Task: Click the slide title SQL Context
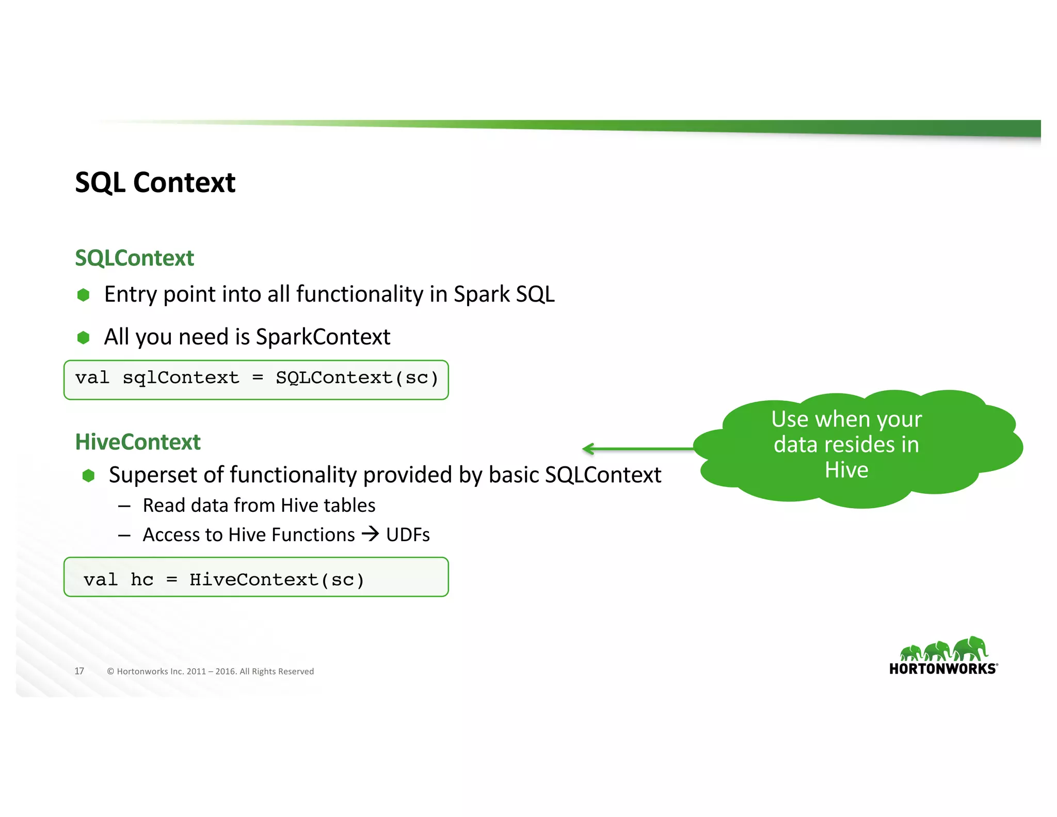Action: click(155, 183)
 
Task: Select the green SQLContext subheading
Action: click(134, 258)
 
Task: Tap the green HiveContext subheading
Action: click(137, 442)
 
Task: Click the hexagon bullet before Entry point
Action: click(83, 295)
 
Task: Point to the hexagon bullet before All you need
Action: click(83, 338)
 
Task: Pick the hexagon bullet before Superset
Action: click(88, 476)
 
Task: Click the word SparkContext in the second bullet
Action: click(323, 337)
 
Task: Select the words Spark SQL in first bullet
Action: click(504, 294)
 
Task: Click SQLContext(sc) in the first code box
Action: click(357, 378)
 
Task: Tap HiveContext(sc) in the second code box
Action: click(277, 580)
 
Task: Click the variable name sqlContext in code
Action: click(181, 378)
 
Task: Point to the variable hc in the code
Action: click(142, 580)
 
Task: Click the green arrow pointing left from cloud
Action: click(637, 449)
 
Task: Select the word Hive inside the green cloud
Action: click(846, 470)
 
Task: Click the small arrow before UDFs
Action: click(370, 533)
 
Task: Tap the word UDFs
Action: click(408, 535)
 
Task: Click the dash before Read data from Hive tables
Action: click(124, 506)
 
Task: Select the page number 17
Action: click(79, 671)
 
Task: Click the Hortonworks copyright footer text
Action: click(210, 671)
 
